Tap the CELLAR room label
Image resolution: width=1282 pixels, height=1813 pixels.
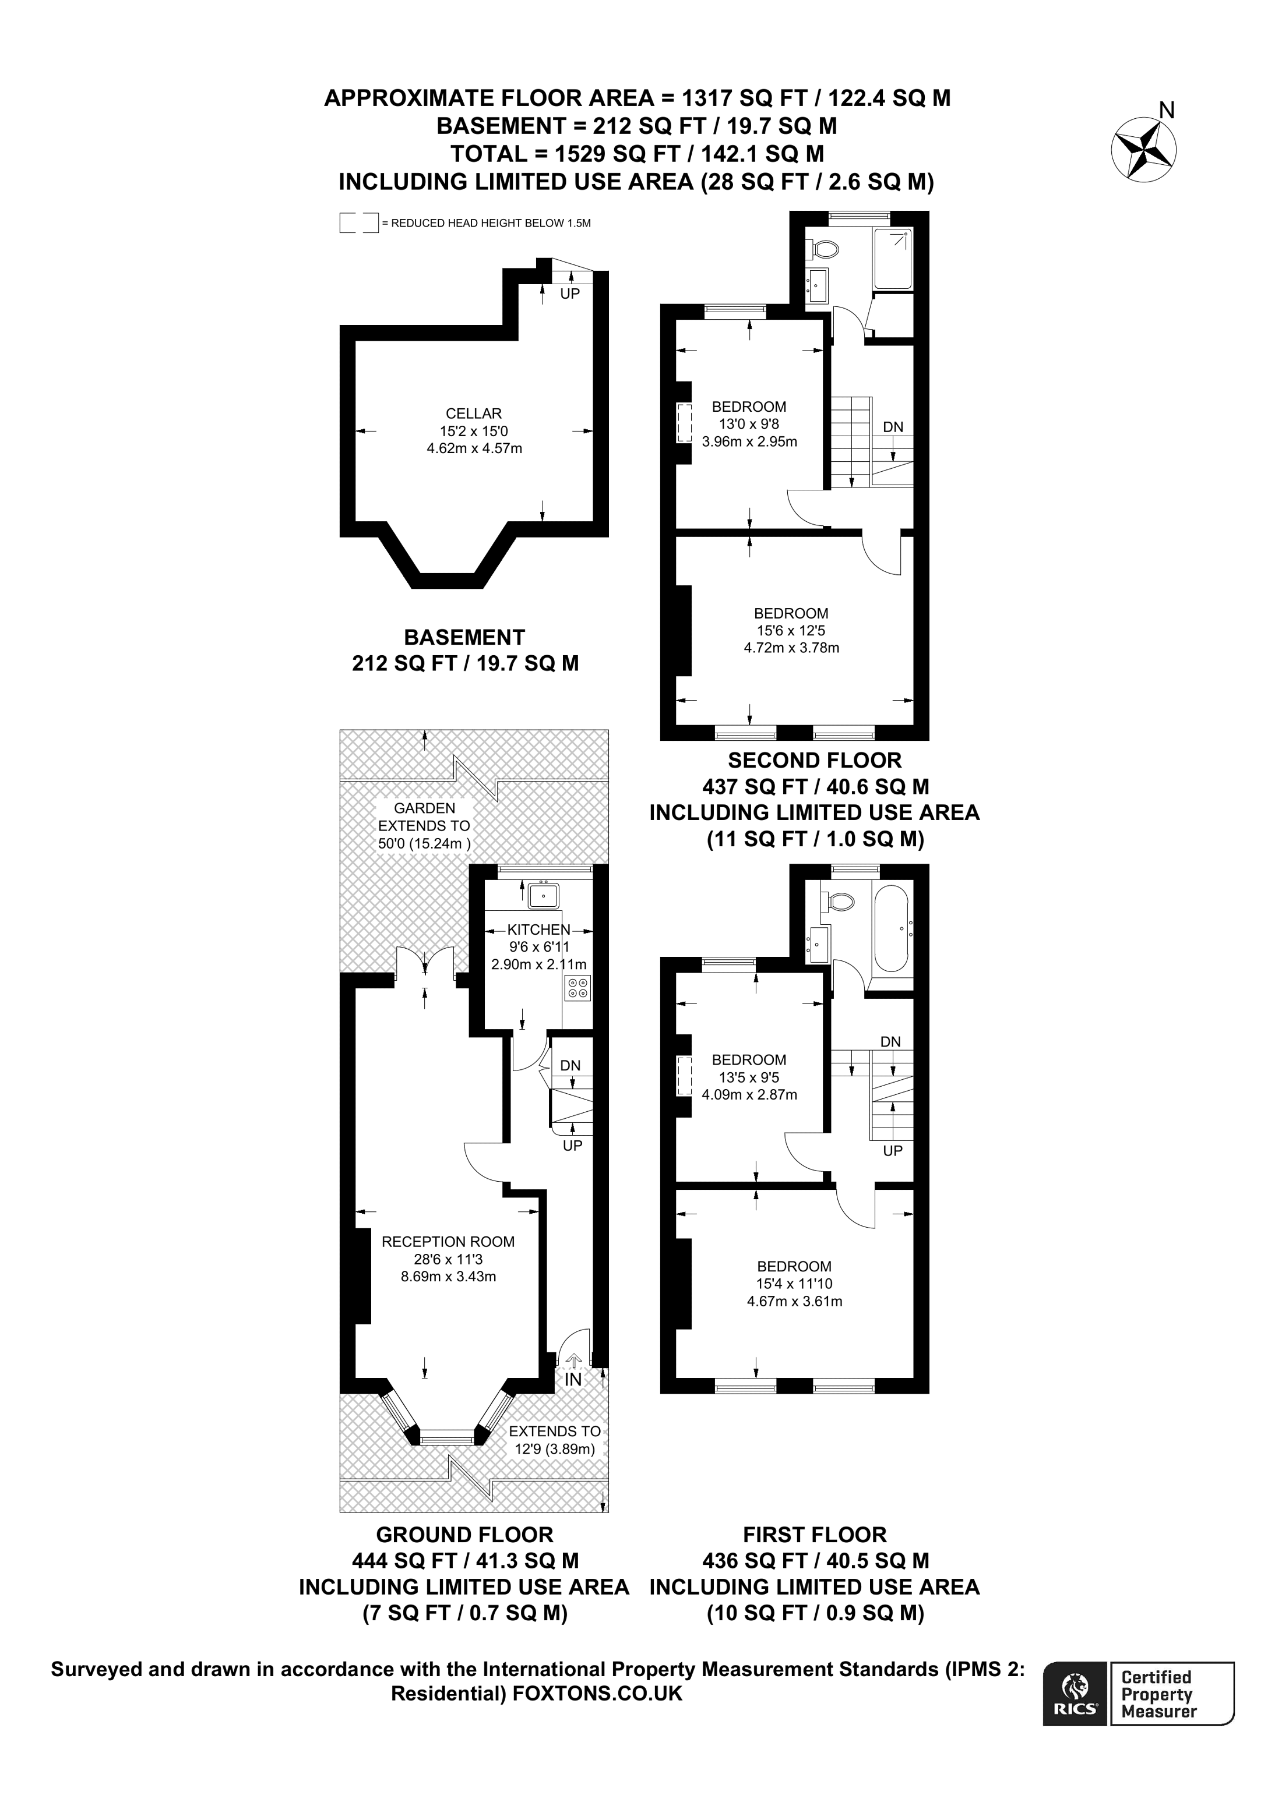[x=473, y=413]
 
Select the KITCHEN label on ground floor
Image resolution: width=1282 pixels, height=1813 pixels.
[x=538, y=930]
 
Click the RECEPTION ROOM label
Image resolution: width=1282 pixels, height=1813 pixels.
[x=448, y=1241]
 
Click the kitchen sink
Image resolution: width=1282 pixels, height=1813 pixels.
[x=544, y=896]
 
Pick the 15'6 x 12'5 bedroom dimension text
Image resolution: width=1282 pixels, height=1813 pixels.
[x=791, y=631]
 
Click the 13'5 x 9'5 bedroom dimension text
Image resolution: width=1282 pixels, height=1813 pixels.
[x=749, y=1077]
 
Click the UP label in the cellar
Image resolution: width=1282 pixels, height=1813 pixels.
[x=569, y=294]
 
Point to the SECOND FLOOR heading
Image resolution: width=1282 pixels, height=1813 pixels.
[x=815, y=761]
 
